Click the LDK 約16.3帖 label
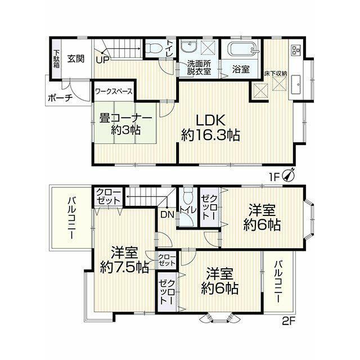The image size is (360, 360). [x=210, y=128]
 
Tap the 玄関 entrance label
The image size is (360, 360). [x=76, y=59]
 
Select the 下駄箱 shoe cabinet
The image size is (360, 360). [x=56, y=58]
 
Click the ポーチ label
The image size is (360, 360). [x=60, y=98]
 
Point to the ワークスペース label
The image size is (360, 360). [x=114, y=91]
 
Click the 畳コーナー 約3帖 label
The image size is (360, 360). [x=125, y=124]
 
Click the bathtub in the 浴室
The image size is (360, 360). [x=243, y=49]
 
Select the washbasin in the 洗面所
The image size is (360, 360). [x=188, y=47]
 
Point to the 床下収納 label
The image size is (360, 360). [x=276, y=74]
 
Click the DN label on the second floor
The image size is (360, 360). [x=167, y=215]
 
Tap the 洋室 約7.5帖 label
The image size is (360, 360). [x=124, y=260]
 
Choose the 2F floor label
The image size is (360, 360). [x=289, y=320]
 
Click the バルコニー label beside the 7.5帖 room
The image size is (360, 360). [x=71, y=218]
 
